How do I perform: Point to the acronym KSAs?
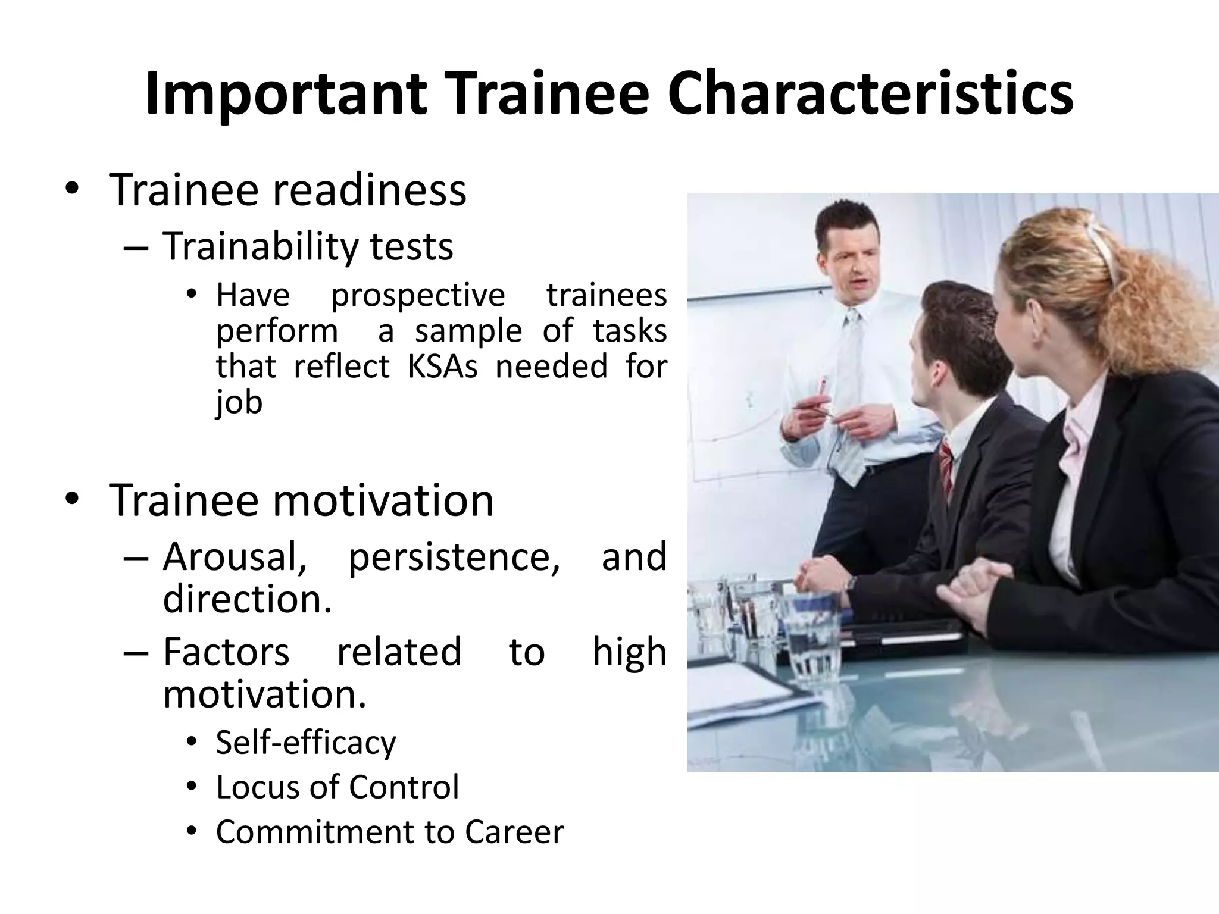[442, 366]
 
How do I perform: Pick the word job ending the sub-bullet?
[239, 403]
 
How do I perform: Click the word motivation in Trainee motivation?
[383, 500]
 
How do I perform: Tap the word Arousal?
[235, 557]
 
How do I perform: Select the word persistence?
[454, 558]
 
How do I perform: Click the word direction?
[246, 599]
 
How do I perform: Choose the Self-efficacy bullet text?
[305, 743]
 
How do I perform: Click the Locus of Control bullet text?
[337, 787]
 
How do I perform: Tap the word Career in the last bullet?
[514, 832]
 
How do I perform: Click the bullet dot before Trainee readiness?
[72, 189]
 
